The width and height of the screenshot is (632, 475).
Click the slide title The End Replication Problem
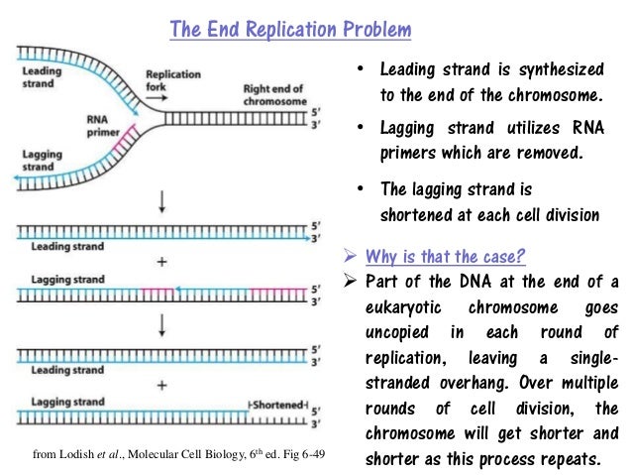coord(290,29)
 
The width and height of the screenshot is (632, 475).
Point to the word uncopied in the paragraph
coord(392,332)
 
